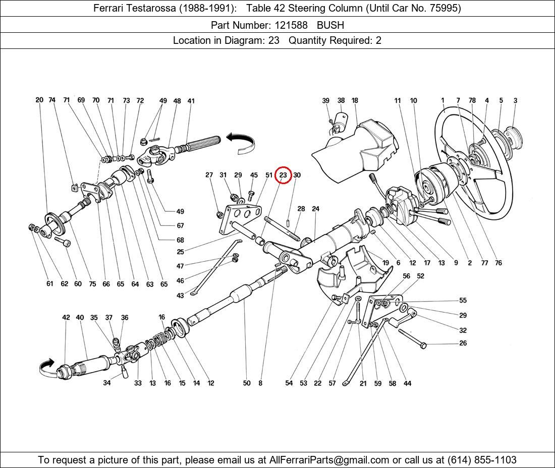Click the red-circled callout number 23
click(x=283, y=175)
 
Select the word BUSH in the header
click(x=331, y=25)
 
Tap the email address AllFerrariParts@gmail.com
click(x=329, y=460)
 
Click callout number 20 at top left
click(x=39, y=100)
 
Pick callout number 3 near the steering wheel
click(x=515, y=100)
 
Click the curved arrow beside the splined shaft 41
click(x=241, y=141)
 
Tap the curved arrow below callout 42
click(x=46, y=368)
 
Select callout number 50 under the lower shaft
click(x=246, y=383)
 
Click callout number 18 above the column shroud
click(x=355, y=100)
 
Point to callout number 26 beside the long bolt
click(x=463, y=343)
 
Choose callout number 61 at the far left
click(x=49, y=284)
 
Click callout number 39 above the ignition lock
click(x=326, y=100)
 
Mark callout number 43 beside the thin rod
click(x=180, y=296)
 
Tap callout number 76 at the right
click(x=498, y=263)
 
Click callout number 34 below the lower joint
click(x=107, y=383)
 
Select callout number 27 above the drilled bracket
click(x=209, y=175)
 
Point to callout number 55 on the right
click(x=463, y=301)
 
